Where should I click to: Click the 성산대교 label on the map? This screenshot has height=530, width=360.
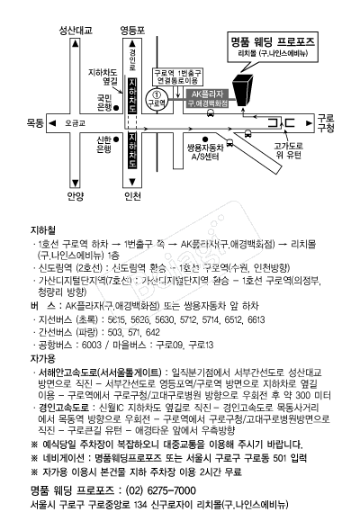(76, 31)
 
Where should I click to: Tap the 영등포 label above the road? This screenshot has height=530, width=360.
(132, 31)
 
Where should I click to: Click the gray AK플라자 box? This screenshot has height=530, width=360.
(208, 99)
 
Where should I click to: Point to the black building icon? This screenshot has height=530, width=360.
(243, 90)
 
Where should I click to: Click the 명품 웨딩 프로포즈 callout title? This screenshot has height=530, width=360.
(273, 41)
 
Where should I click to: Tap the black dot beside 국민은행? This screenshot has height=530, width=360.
(116, 108)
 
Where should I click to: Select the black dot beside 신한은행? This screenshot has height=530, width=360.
(116, 139)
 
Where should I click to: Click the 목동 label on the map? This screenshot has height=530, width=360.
(35, 123)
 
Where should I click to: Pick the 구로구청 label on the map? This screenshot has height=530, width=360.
(326, 123)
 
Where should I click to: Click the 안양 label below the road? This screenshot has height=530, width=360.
(76, 196)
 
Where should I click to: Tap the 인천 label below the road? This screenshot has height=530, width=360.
(132, 196)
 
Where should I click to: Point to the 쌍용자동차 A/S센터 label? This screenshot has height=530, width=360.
(205, 152)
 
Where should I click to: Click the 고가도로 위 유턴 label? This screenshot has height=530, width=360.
(288, 150)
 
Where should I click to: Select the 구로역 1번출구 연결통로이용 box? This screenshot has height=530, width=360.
(178, 77)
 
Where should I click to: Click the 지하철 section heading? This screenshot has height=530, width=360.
(43, 230)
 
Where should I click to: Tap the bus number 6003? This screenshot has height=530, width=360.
(92, 345)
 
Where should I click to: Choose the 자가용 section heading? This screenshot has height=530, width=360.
(43, 359)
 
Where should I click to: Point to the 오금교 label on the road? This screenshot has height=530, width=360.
(75, 123)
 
